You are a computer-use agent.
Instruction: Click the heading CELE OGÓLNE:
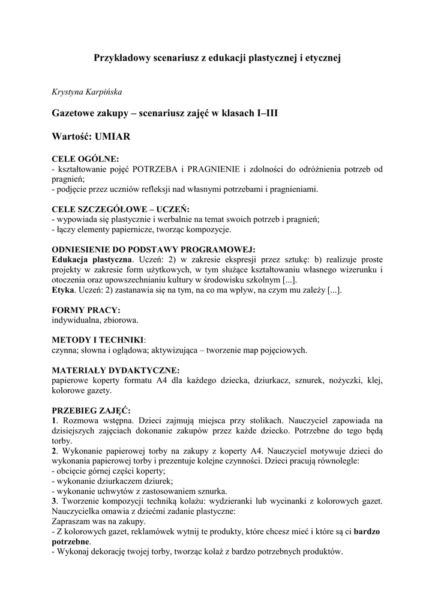pos(86,159)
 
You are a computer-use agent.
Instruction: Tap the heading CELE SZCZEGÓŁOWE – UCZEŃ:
pos(121,209)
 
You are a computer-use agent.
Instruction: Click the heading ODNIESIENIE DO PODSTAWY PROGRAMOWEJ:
pos(154,249)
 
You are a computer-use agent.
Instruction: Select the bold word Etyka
pos(63,290)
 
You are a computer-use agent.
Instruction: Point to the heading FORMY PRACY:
pos(86,310)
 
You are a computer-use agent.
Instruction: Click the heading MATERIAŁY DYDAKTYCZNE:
pos(116,370)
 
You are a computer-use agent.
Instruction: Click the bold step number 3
pos(54,501)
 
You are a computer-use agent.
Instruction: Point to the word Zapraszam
pos(73,521)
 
